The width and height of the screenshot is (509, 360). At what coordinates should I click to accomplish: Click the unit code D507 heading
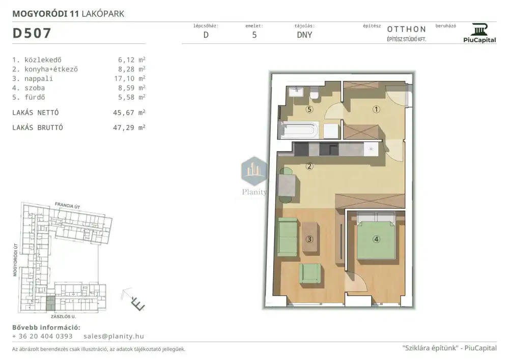pyautogui.click(x=32, y=33)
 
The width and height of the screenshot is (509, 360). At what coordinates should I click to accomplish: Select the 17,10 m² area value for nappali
pyautogui.click(x=129, y=78)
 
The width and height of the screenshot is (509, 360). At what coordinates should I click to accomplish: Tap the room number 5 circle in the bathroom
pyautogui.click(x=309, y=109)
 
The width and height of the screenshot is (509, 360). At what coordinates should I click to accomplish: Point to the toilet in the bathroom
pyautogui.click(x=314, y=93)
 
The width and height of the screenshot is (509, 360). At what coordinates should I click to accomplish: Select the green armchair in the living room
pyautogui.click(x=310, y=273)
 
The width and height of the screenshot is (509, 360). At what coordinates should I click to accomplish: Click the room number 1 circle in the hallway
pyautogui.click(x=376, y=109)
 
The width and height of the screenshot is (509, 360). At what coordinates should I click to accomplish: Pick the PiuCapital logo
pyautogui.click(x=480, y=33)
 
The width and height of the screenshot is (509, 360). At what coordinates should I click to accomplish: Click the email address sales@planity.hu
pyautogui.click(x=114, y=336)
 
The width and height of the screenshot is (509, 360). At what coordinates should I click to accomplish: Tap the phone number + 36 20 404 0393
pyautogui.click(x=42, y=336)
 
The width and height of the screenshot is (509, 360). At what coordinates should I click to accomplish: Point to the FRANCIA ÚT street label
pyautogui.click(x=68, y=206)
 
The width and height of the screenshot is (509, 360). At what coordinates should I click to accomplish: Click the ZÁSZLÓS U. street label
pyautogui.click(x=63, y=317)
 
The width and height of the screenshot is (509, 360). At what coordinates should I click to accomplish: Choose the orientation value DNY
pyautogui.click(x=304, y=35)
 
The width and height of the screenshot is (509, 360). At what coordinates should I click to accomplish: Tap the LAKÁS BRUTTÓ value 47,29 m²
pyautogui.click(x=129, y=128)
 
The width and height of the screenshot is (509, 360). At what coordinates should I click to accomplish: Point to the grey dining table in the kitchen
pyautogui.click(x=287, y=185)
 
